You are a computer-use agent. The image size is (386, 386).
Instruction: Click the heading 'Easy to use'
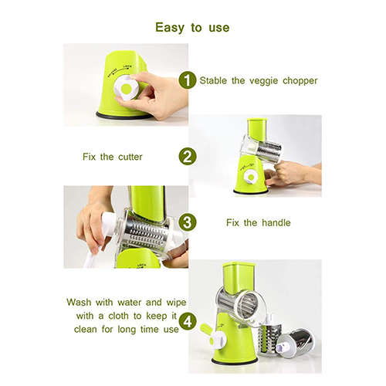192,27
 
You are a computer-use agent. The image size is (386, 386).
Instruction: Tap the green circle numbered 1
186,80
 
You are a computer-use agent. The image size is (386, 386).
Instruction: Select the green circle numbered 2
186,157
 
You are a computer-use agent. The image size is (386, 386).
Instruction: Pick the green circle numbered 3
186,222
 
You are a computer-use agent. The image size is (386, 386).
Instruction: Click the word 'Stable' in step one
215,80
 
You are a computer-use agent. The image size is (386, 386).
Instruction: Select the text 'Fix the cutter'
113,157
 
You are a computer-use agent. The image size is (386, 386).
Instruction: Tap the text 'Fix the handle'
258,223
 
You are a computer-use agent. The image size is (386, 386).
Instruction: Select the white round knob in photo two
250,178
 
